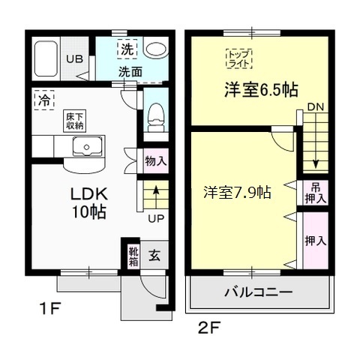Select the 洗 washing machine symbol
tap(127, 51)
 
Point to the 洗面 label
tap(130, 72)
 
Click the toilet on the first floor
tap(155, 114)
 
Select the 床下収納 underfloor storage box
tap(73, 121)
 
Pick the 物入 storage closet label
tap(155, 160)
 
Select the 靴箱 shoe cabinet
tap(132, 256)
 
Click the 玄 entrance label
tap(154, 256)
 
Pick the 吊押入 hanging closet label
tap(315, 193)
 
